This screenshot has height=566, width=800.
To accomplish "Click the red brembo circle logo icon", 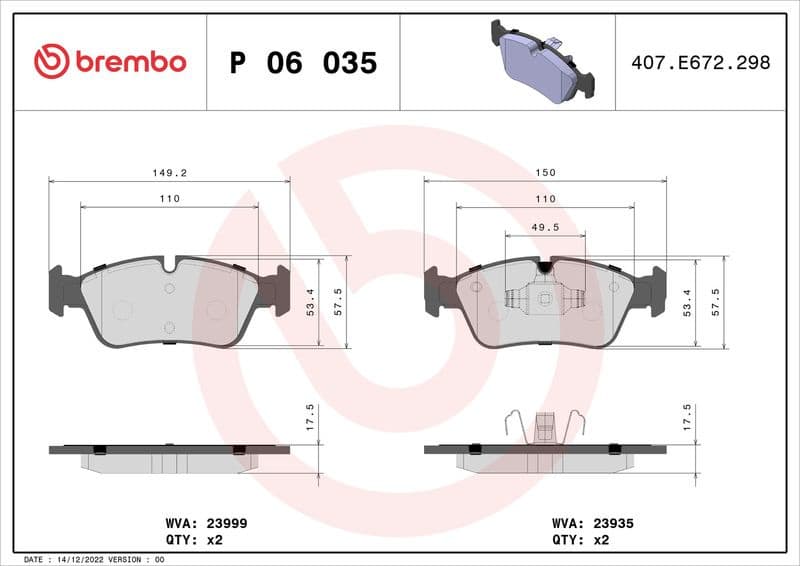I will pos(51,62).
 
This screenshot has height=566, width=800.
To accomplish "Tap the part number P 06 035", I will pos(303,63).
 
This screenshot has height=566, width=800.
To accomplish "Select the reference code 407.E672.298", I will pos(700,62).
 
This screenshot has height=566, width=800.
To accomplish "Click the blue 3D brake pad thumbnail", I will pos(541,62).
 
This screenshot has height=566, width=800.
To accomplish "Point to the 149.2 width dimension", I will pos(169,173).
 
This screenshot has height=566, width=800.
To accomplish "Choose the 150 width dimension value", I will pos(545,173).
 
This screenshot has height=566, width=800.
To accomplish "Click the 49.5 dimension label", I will pos(545,228).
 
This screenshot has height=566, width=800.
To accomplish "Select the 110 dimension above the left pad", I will pos(169,199).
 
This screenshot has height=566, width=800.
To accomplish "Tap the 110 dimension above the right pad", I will pos(545,199).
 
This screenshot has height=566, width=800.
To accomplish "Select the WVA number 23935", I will pos(613,523).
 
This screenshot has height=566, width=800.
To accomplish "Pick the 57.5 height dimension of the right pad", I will pos(715,300).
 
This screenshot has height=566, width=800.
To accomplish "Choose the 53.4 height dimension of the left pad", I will pos(309,300).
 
